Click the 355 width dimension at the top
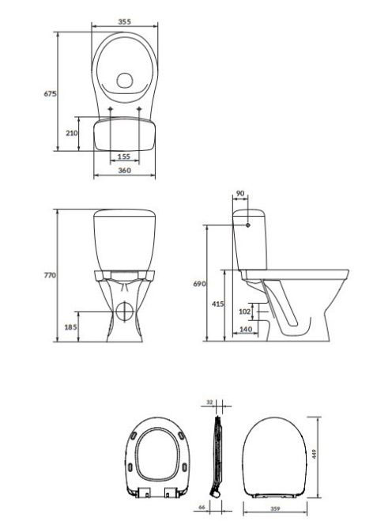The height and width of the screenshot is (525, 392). pyautogui.click(x=125, y=22)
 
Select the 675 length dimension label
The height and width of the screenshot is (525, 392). pyautogui.click(x=51, y=94)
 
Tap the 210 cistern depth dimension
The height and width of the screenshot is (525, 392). pyautogui.click(x=72, y=133)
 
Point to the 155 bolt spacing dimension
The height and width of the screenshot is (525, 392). pyautogui.click(x=124, y=157)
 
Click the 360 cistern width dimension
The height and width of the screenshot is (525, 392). pyautogui.click(x=125, y=170)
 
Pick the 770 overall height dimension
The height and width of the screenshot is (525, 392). pyautogui.click(x=51, y=276)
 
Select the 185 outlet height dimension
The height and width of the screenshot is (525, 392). pyautogui.click(x=70, y=327)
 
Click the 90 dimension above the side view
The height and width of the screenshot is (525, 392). pyautogui.click(x=240, y=193)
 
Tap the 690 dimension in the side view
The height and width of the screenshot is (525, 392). pyautogui.click(x=199, y=284)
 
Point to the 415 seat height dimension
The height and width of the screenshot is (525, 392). pyautogui.click(x=218, y=304)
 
